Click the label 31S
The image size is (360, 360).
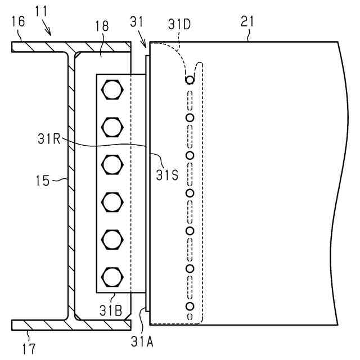point(167,174)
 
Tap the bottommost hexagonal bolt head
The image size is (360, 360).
point(113,277)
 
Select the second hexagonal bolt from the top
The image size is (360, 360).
point(113,126)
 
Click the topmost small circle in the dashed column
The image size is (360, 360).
point(190,80)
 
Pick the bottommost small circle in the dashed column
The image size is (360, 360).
point(190,306)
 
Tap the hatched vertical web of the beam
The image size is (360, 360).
point(71,186)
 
